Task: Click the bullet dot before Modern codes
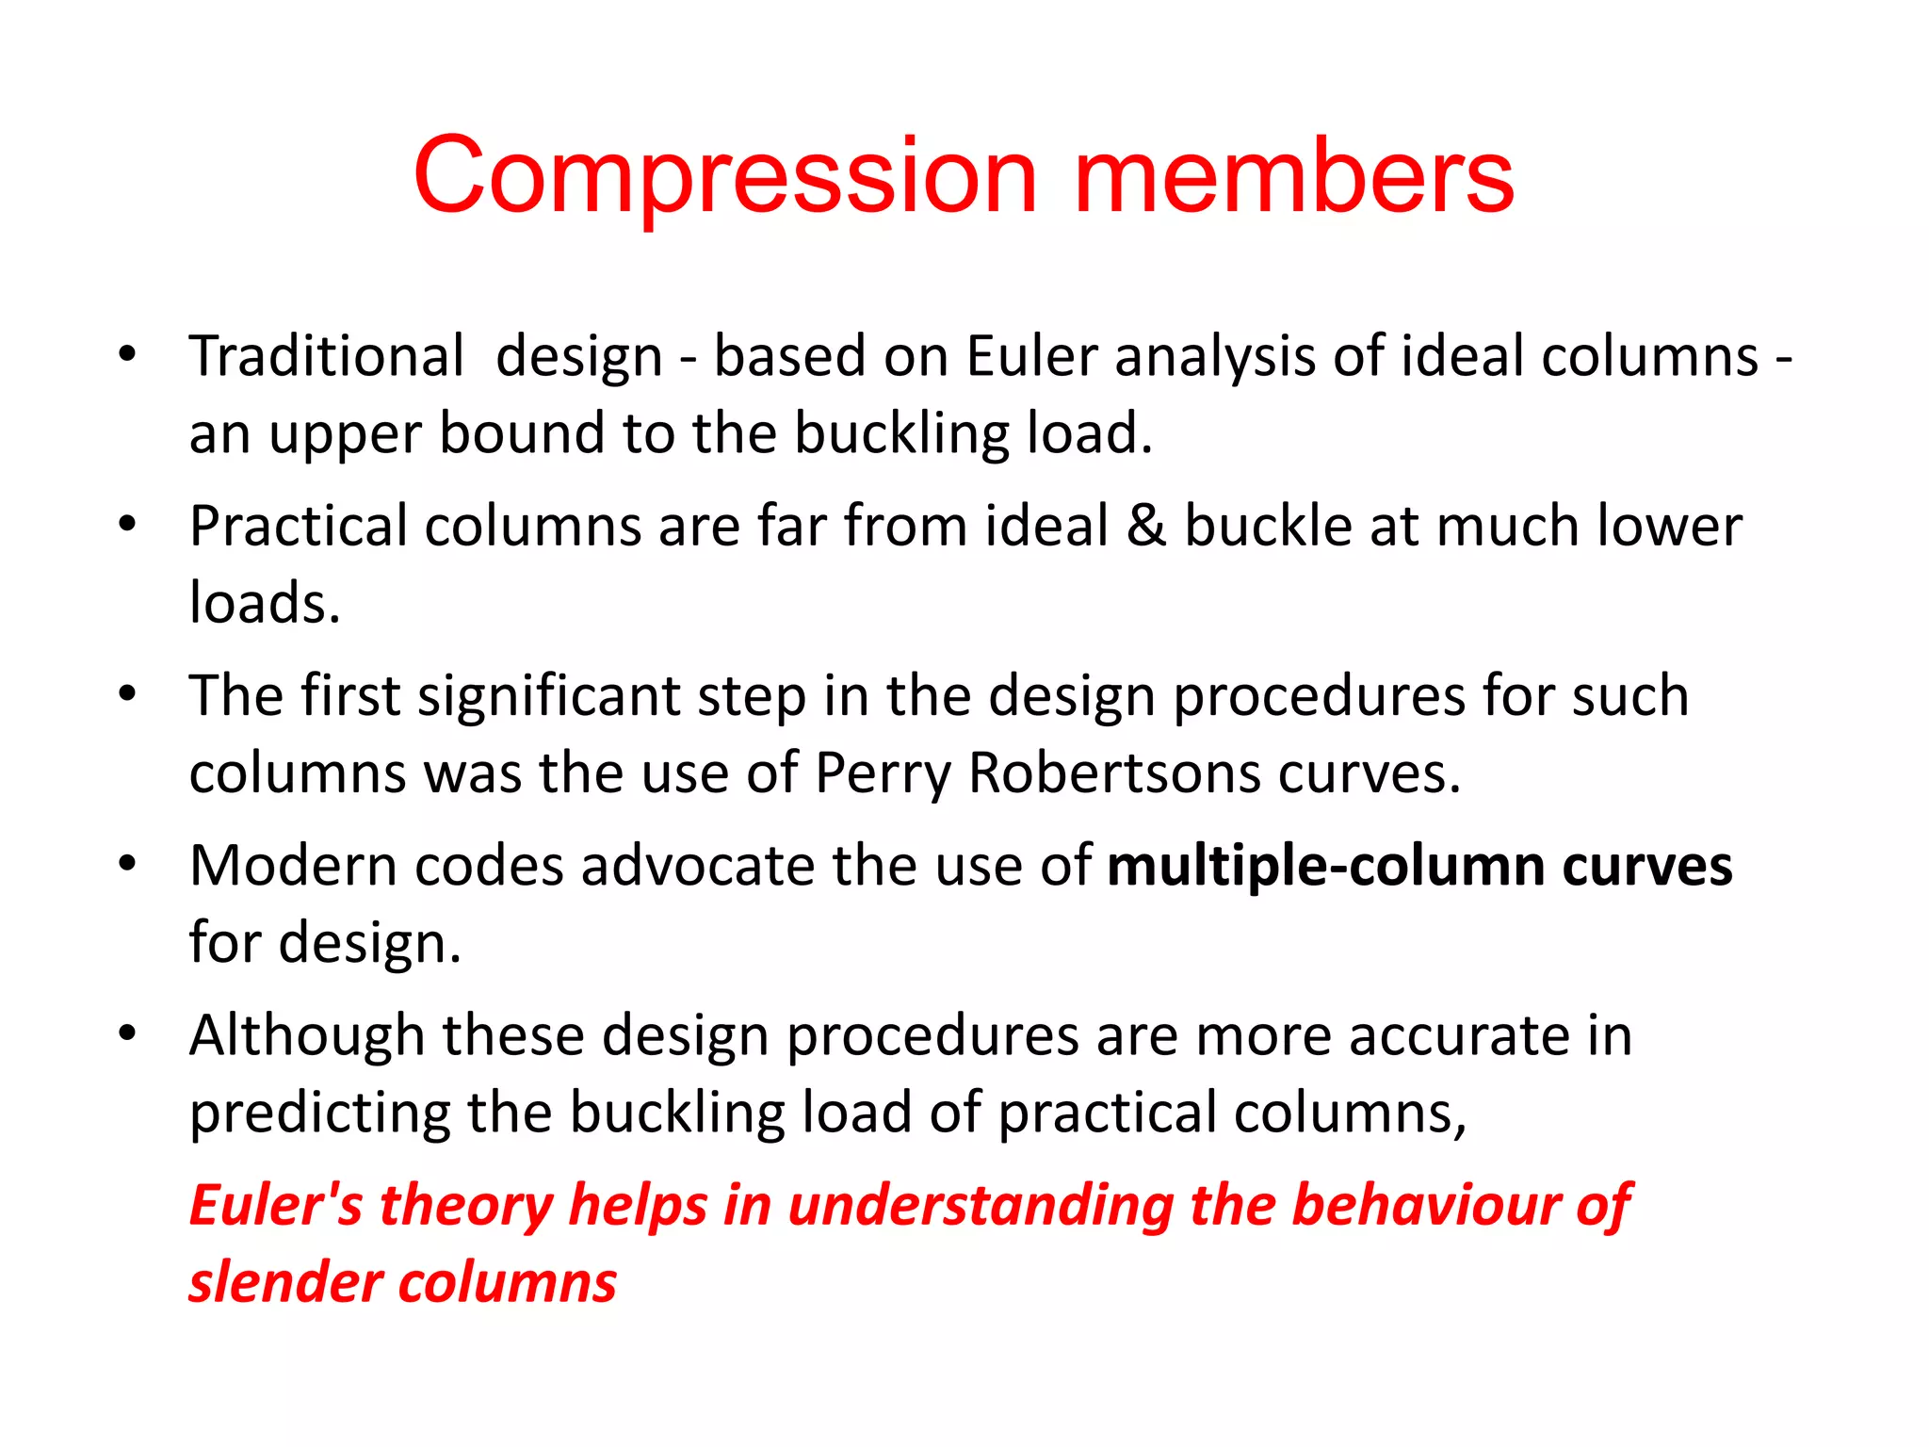(128, 863)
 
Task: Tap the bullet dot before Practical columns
(128, 523)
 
